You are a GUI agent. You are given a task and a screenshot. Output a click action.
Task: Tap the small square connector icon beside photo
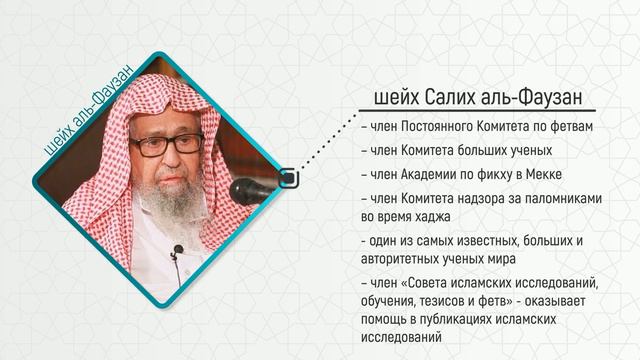pyautogui.click(x=287, y=178)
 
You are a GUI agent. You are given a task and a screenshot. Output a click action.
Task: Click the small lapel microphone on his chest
pyautogui.click(x=177, y=250)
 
